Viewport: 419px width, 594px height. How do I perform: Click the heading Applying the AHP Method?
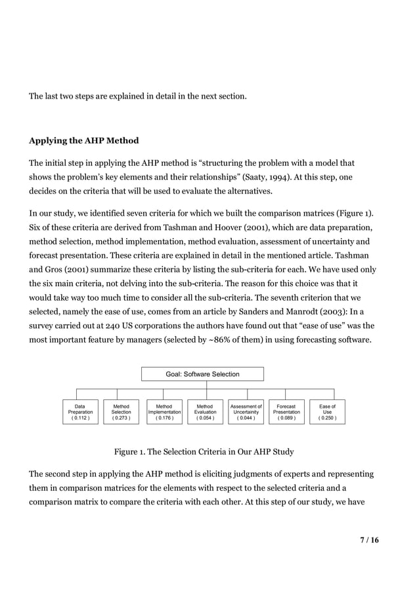[x=83, y=141]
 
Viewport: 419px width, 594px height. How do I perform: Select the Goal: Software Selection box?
[x=202, y=374]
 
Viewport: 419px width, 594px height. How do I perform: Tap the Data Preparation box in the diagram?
[x=80, y=412]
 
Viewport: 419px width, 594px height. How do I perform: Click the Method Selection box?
[x=121, y=412]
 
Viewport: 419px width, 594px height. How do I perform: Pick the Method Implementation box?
[x=164, y=412]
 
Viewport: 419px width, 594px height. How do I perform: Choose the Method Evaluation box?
[x=205, y=412]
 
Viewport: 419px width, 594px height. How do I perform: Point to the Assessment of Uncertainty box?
[x=246, y=412]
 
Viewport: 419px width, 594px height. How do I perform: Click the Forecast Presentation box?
[x=286, y=412]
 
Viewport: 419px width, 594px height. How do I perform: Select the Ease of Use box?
[x=327, y=412]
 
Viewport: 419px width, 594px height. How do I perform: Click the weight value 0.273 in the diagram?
[x=121, y=418]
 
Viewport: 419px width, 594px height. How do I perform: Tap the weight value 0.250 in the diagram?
[x=327, y=418]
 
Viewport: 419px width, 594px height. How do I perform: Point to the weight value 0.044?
[x=246, y=418]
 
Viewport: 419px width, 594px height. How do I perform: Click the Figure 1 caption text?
[x=204, y=452]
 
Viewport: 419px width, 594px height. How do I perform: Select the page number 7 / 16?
[x=369, y=540]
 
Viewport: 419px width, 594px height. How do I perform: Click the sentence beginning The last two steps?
[x=138, y=97]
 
